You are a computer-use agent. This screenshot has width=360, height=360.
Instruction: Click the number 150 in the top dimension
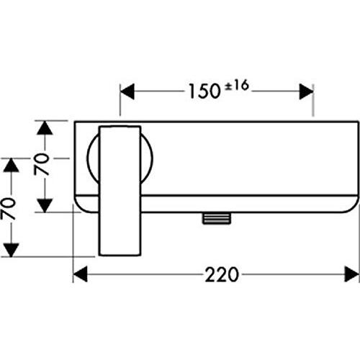(x=204, y=91)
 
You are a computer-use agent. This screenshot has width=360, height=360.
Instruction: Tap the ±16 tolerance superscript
(x=237, y=86)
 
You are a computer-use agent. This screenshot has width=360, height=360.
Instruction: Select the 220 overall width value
(x=222, y=274)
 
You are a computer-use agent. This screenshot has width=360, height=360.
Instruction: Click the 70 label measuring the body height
(x=41, y=164)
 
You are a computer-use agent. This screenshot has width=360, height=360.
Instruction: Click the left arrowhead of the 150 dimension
(x=127, y=91)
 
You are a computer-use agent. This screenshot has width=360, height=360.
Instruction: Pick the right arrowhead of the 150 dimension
(x=306, y=91)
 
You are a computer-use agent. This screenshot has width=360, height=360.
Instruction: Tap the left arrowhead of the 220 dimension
(x=80, y=274)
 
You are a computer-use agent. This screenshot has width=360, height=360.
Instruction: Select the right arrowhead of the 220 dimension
(x=352, y=274)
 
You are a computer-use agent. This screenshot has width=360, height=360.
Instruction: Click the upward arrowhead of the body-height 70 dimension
(x=45, y=128)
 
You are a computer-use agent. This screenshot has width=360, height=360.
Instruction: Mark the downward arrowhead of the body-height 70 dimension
(x=45, y=205)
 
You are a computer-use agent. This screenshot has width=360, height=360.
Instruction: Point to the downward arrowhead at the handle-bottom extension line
(x=11, y=250)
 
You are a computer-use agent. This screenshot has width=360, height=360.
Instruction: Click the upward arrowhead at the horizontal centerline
(x=11, y=165)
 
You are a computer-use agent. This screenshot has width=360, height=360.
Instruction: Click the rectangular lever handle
(x=120, y=190)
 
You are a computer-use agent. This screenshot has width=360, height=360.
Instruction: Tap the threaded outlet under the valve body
(x=217, y=218)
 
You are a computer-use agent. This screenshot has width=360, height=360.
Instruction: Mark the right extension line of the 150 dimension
(x=313, y=100)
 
